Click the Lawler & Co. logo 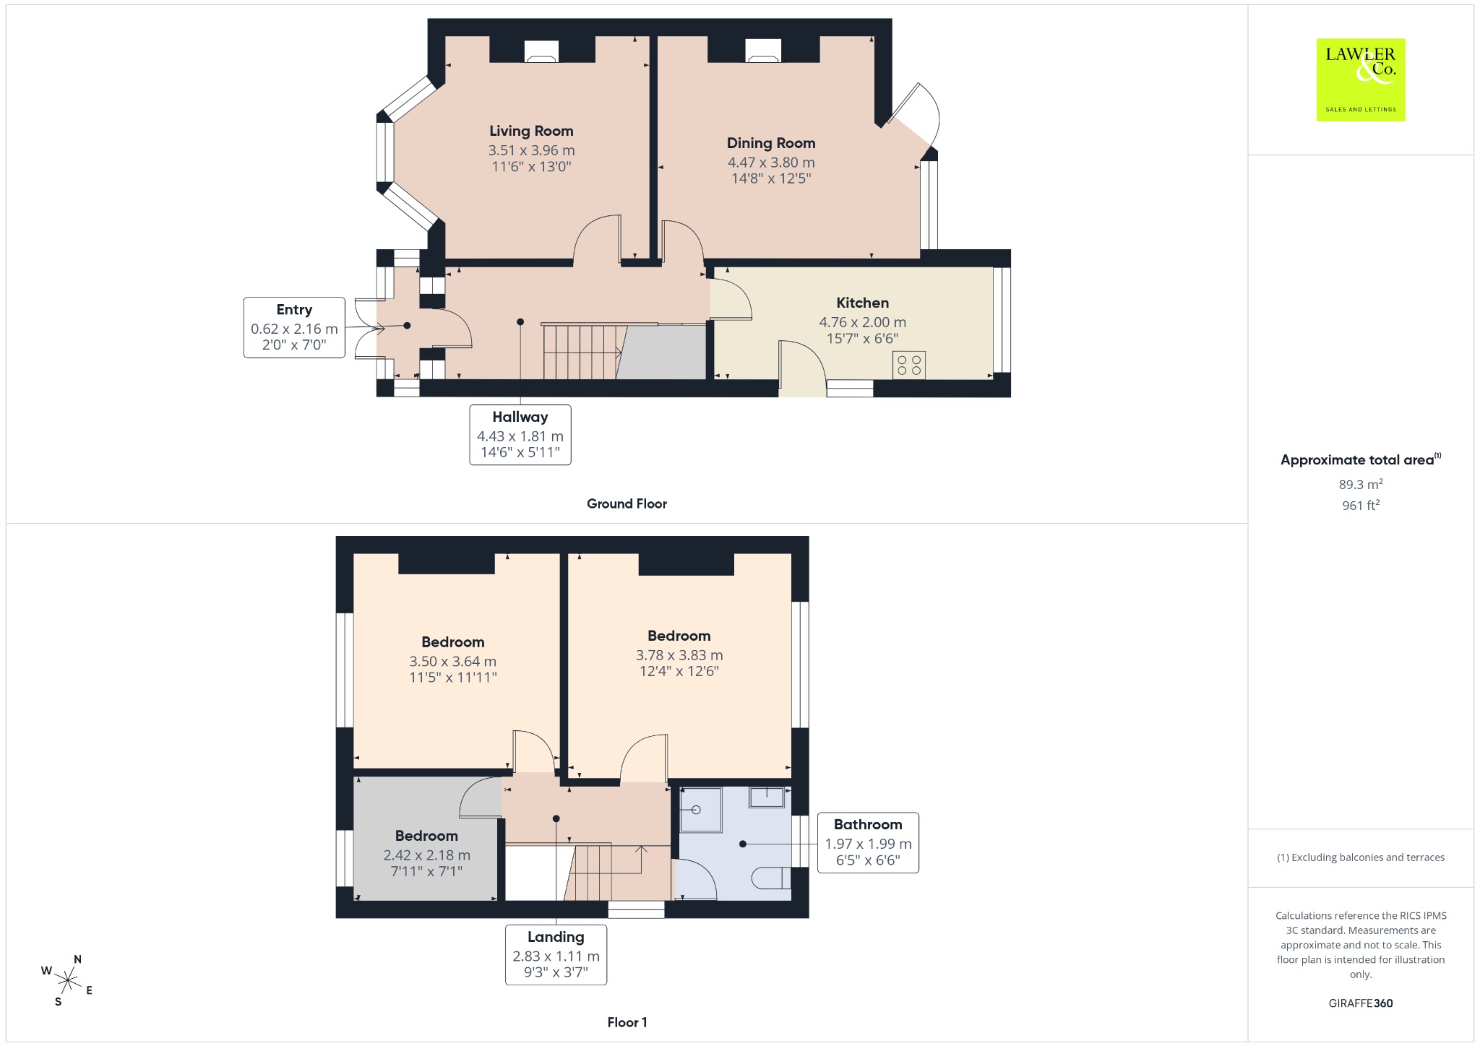(x=1360, y=79)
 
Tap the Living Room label (x=531, y=131)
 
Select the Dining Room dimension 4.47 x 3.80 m (x=771, y=163)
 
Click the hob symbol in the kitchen (x=909, y=365)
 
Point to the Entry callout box (x=294, y=327)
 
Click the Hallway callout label (x=520, y=417)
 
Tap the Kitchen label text (x=863, y=303)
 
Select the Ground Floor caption (x=627, y=503)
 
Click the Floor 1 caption (x=627, y=1022)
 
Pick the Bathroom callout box (x=868, y=842)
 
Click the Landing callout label (x=556, y=937)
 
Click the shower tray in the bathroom (x=701, y=810)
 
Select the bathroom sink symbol (x=767, y=798)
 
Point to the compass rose (x=68, y=980)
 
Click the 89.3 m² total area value (x=1361, y=484)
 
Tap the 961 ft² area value (x=1361, y=505)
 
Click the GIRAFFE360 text (x=1361, y=1003)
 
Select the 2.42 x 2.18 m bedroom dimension (x=427, y=855)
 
